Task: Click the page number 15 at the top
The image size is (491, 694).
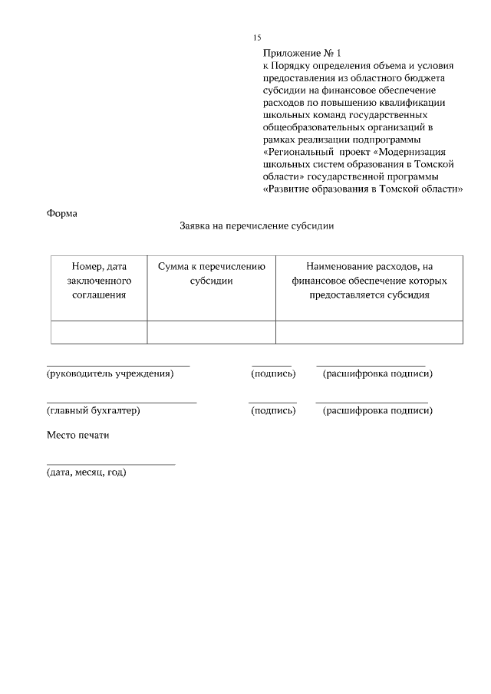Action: [x=257, y=38]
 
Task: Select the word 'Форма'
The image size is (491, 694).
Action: [x=62, y=212]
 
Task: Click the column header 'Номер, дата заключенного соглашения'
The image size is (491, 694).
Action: [x=99, y=280]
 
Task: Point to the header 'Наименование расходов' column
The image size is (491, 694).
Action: [x=369, y=280]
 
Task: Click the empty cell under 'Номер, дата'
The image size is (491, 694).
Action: [x=99, y=332]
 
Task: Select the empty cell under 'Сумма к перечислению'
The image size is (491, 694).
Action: [x=211, y=332]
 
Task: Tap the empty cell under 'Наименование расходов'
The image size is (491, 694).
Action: [x=369, y=332]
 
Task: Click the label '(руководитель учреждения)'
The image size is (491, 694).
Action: [x=110, y=373]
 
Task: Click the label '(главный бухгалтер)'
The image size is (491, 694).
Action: [x=94, y=410]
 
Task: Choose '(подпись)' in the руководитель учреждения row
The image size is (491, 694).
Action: [x=273, y=373]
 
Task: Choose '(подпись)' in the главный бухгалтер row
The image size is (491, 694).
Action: [x=273, y=410]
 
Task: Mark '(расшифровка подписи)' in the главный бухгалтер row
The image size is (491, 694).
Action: [x=377, y=410]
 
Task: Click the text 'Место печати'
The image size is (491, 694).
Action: [x=79, y=435]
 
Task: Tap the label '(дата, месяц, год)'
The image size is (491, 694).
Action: [x=87, y=472]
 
